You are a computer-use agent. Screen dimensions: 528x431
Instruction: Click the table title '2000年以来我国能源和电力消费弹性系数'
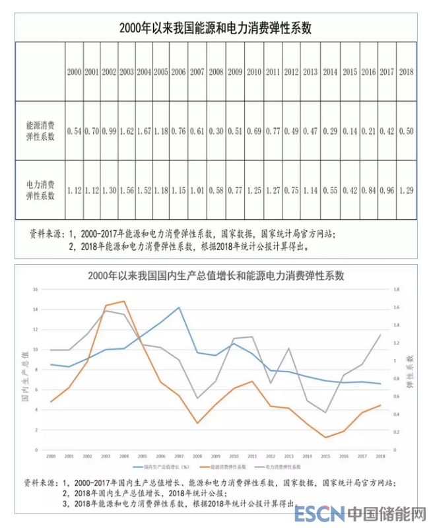click(215, 28)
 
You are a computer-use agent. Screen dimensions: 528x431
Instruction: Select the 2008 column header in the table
click(215, 72)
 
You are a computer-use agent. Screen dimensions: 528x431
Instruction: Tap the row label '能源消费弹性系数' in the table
click(41, 131)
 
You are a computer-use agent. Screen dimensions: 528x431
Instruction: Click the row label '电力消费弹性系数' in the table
click(41, 190)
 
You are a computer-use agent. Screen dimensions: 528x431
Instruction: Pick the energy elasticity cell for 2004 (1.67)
click(143, 132)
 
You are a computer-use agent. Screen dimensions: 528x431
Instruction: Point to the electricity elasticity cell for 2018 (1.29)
click(407, 191)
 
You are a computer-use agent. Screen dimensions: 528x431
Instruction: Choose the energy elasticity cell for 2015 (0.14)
click(350, 132)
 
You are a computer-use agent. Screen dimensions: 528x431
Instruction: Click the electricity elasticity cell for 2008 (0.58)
click(215, 191)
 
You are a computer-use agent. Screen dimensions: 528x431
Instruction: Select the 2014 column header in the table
click(330, 72)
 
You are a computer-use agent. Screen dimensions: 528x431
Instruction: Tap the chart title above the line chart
click(215, 275)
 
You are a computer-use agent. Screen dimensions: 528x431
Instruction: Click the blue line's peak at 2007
click(178, 307)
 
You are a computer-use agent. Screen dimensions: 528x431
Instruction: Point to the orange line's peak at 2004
click(124, 301)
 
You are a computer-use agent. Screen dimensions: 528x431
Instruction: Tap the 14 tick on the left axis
click(38, 309)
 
